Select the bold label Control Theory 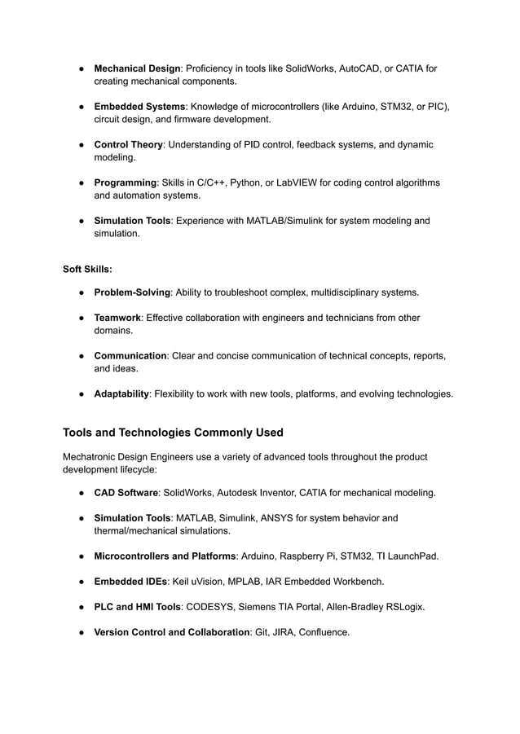[x=128, y=145]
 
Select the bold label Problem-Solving [x=132, y=292]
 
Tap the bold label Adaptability [x=121, y=393]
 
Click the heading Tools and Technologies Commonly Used [x=173, y=432]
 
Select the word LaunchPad [x=412, y=556]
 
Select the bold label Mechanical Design [x=137, y=68]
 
